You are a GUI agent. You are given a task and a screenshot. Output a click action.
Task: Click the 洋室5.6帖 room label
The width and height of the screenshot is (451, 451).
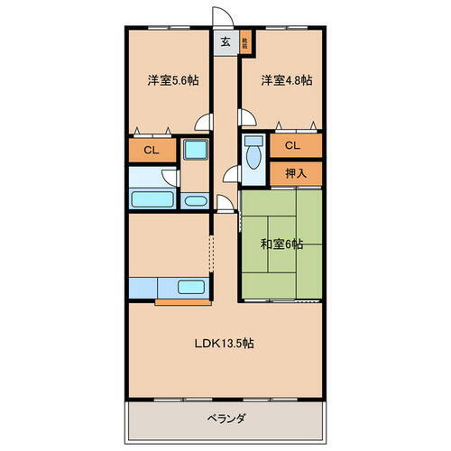[x=173, y=80]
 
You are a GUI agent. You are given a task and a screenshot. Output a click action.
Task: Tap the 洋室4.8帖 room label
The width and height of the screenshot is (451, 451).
[x=286, y=80]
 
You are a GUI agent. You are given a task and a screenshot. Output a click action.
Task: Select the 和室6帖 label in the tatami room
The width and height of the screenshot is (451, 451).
[x=281, y=244]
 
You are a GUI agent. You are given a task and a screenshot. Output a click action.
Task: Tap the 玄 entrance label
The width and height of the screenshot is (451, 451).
[x=223, y=40]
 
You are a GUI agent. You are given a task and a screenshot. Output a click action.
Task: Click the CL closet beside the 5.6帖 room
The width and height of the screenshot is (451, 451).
[x=152, y=150]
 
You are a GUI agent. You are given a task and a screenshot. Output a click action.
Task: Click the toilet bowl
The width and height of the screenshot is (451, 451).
[x=252, y=161]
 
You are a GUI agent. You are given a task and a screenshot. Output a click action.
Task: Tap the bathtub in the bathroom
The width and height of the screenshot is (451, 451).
[x=152, y=198]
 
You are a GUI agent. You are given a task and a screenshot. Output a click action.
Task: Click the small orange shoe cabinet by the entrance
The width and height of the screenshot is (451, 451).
[x=245, y=41]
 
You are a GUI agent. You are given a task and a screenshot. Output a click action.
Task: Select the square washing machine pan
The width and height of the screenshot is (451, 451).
[x=195, y=151]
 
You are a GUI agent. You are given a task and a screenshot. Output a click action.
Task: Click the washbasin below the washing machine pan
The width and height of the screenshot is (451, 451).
[x=195, y=199]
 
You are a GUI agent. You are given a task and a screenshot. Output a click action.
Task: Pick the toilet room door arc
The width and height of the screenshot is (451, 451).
[x=232, y=176]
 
